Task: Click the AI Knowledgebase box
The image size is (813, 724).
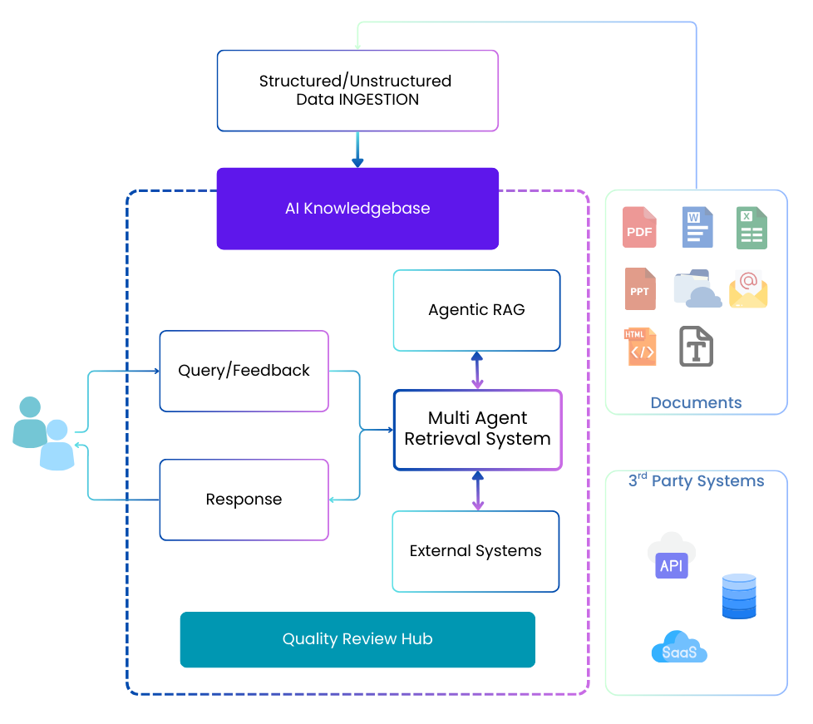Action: pos(357,209)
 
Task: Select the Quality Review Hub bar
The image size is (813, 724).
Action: pos(357,639)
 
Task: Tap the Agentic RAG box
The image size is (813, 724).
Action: pos(476,310)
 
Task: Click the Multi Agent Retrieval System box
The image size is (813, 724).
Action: pos(477,430)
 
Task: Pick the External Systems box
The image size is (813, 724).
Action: pos(475,551)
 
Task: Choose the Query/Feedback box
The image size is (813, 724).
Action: pos(244,371)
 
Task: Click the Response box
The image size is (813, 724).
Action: pos(244,500)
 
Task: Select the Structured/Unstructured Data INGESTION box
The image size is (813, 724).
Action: pos(357,91)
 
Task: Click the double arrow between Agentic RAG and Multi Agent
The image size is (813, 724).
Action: pos(477,371)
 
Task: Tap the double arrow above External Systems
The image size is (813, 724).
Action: pos(477,490)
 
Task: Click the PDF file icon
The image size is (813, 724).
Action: pos(639,228)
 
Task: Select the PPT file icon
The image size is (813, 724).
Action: pos(640,288)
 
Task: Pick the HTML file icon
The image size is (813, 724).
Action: pos(639,347)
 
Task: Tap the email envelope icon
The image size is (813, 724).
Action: pos(748,288)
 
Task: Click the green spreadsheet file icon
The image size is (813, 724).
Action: pos(751,228)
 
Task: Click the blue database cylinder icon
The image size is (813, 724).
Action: pos(739,596)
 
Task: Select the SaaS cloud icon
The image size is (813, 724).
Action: pos(679,648)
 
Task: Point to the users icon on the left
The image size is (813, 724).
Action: pos(44,433)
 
